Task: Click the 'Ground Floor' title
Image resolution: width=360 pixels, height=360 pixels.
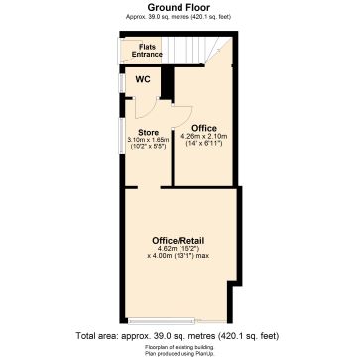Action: click(x=179, y=7)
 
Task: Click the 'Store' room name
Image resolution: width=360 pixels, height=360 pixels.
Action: click(x=148, y=132)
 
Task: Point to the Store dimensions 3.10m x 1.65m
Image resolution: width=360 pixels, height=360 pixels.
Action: click(x=149, y=140)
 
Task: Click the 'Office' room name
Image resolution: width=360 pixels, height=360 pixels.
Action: click(x=205, y=127)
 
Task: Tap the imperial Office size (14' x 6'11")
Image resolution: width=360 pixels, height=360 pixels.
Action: click(x=205, y=144)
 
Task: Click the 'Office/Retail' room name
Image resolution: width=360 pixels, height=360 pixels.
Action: click(x=179, y=241)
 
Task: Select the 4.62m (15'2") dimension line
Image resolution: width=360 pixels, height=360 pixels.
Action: click(x=179, y=250)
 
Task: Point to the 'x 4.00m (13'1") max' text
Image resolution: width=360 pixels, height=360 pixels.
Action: click(x=179, y=258)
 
